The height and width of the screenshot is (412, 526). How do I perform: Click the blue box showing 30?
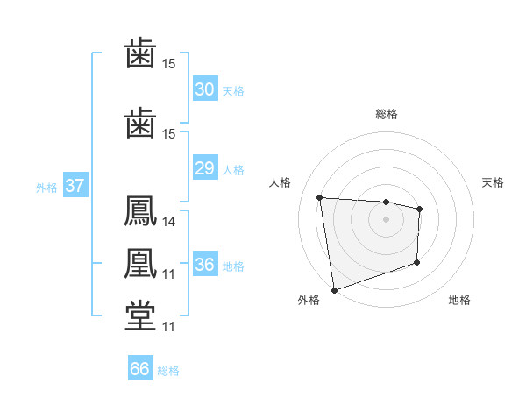(x=204, y=89)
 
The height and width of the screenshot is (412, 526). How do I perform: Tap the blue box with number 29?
(x=204, y=168)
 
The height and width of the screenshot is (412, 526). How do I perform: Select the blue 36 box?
(x=204, y=265)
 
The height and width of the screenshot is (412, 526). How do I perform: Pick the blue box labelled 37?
(x=75, y=186)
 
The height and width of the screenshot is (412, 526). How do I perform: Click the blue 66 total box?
(x=140, y=369)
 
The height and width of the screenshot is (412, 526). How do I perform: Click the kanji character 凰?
(x=141, y=264)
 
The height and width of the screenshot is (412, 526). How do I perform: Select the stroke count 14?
(x=169, y=222)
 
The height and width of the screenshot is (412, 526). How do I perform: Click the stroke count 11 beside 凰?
(x=169, y=274)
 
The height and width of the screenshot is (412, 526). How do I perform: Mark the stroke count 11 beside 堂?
(x=169, y=327)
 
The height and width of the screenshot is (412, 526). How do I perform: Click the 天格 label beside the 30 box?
(x=233, y=90)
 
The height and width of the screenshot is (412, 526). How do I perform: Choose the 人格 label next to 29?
(x=233, y=169)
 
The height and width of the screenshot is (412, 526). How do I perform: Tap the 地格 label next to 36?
(x=233, y=266)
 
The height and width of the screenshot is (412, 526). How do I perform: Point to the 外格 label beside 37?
(x=46, y=187)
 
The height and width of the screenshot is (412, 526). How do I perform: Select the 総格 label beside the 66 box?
(x=168, y=370)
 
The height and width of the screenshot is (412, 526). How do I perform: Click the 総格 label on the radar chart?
(x=386, y=114)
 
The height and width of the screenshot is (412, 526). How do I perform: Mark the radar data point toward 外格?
(x=334, y=289)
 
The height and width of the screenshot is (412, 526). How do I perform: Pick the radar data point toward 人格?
(x=320, y=197)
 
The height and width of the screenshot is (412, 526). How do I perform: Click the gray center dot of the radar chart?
(x=386, y=219)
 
